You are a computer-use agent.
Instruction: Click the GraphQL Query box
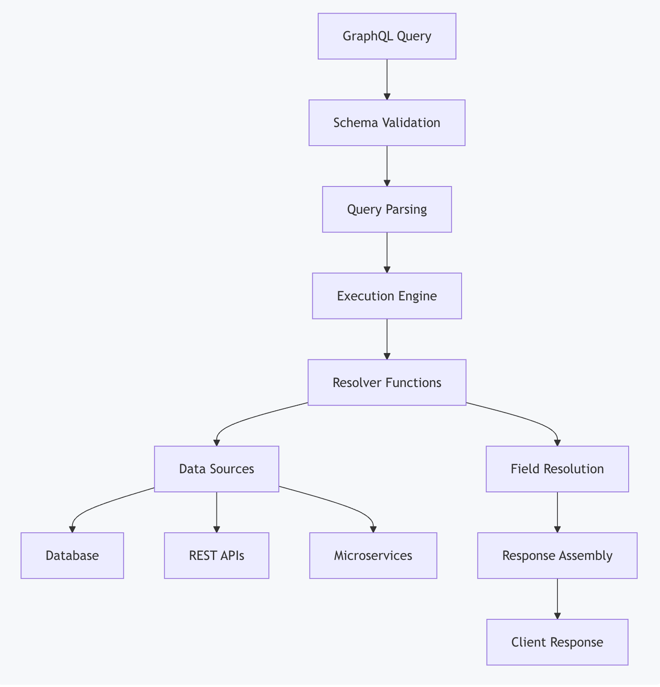click(387, 36)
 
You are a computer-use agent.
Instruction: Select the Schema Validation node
click(387, 123)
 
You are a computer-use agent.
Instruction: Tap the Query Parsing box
click(387, 209)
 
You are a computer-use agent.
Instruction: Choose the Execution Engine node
click(387, 296)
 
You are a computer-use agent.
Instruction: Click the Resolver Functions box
click(387, 383)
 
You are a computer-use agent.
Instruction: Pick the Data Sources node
click(217, 469)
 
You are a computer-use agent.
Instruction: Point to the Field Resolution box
click(557, 469)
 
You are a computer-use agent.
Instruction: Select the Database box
click(72, 555)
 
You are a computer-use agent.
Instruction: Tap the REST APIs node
click(217, 555)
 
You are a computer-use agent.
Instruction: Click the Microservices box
click(373, 555)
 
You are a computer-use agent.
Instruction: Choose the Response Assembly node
click(557, 555)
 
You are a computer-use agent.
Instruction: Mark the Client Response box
click(557, 642)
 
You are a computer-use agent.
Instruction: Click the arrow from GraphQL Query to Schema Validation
click(387, 79)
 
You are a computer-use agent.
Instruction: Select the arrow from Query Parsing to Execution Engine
click(387, 252)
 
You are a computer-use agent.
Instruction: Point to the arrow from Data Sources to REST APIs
click(217, 511)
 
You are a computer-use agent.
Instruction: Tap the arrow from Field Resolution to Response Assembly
click(557, 511)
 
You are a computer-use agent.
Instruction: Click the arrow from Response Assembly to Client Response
click(557, 598)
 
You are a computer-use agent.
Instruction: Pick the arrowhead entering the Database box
click(72, 529)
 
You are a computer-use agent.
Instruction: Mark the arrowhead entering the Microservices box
click(373, 529)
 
